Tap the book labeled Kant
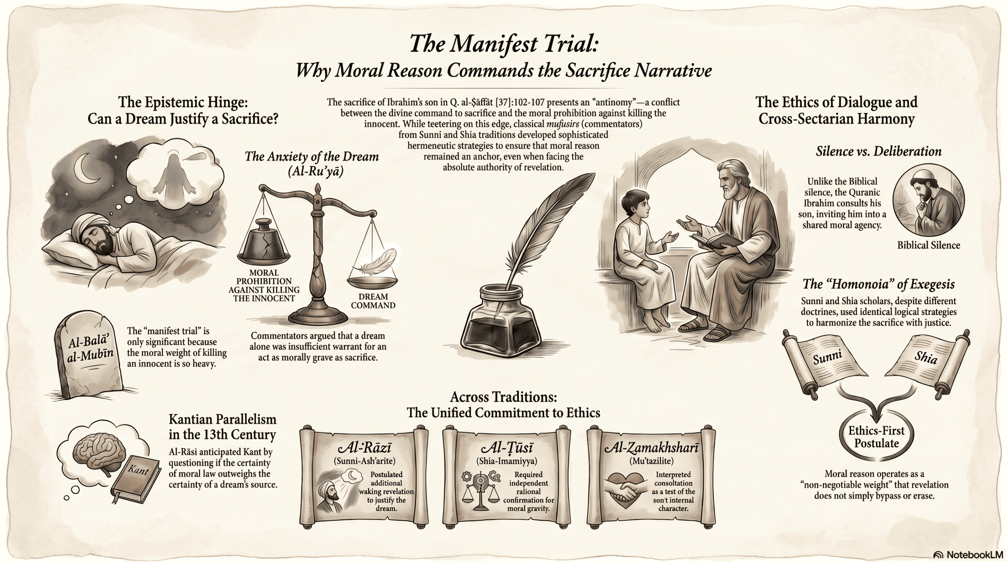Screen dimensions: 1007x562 (136, 478)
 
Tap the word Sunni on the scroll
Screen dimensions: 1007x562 (827, 357)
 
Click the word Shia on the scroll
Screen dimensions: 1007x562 (926, 357)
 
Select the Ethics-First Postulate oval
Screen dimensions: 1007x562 (876, 437)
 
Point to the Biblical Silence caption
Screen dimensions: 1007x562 (928, 245)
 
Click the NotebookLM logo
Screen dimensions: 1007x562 (968, 555)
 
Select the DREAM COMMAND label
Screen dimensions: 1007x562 (373, 301)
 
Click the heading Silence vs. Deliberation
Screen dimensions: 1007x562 (879, 151)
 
